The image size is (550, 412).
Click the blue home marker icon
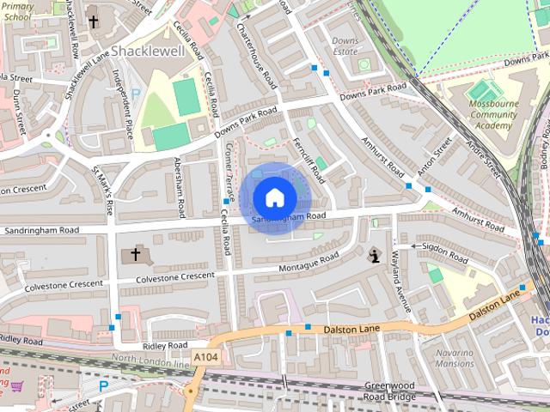(x=274, y=197)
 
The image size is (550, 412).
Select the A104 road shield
(x=206, y=356)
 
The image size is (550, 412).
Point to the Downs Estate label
(x=345, y=46)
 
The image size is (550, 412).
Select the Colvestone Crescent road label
(x=168, y=276)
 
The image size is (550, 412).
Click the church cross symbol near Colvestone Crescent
(x=135, y=255)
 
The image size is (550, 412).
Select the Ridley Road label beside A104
(x=166, y=344)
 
